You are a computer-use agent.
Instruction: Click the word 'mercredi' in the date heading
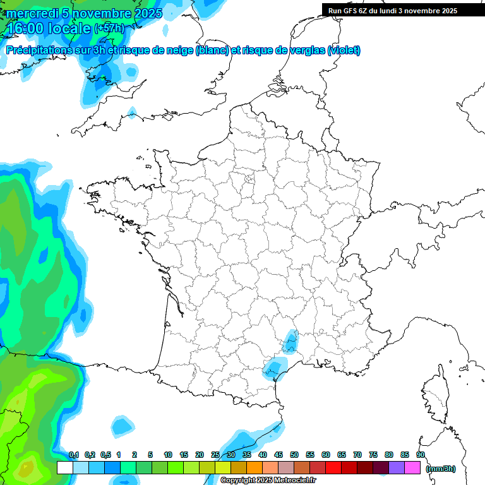click(x=30, y=13)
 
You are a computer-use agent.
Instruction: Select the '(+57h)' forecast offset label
click(x=109, y=28)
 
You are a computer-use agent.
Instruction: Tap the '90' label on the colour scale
click(x=420, y=455)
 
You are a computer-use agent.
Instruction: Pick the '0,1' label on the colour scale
click(x=74, y=455)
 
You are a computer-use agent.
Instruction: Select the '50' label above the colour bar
click(x=294, y=455)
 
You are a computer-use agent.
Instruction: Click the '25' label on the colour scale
click(x=215, y=455)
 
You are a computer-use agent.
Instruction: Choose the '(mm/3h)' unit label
click(x=441, y=469)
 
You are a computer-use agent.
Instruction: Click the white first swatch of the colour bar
click(x=64, y=467)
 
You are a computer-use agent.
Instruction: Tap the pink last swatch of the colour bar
click(x=412, y=467)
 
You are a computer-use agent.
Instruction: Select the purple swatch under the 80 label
click(x=397, y=467)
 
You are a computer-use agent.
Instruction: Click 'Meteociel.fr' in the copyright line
click(x=294, y=481)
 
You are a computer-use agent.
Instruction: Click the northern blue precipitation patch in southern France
click(x=290, y=341)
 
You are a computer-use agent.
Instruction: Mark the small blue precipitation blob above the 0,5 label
click(x=119, y=426)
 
